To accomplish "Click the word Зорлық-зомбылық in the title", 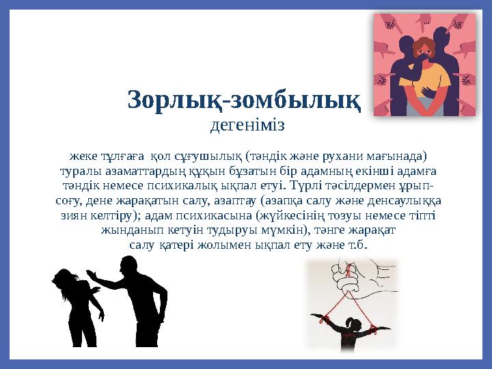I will tap(244, 101).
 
